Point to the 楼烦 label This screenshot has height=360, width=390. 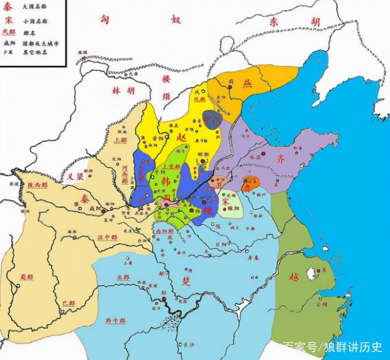(164, 90)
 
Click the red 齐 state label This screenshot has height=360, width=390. (299, 158)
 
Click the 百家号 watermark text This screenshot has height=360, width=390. (301, 348)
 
